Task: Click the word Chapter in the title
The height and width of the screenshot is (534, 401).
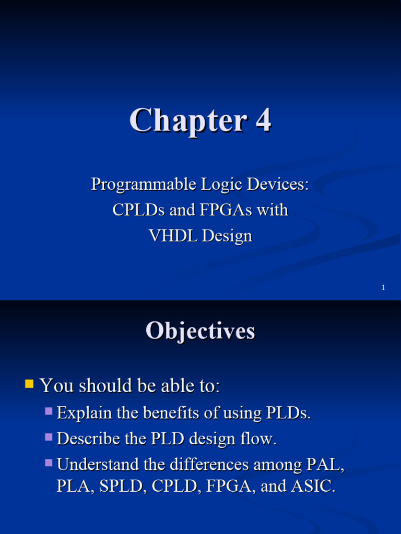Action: click(x=188, y=120)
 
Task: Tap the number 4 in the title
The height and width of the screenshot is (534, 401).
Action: click(x=263, y=120)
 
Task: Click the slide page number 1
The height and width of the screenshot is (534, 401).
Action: click(x=383, y=287)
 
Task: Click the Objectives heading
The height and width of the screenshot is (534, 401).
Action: click(x=200, y=331)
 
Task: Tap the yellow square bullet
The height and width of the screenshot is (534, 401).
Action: click(x=30, y=385)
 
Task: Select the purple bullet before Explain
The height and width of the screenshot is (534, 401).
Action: click(x=49, y=411)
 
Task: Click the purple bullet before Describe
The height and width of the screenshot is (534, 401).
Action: click(x=49, y=437)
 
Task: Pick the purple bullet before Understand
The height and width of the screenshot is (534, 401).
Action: click(x=49, y=463)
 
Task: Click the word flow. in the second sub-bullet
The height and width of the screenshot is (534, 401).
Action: click(x=258, y=439)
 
